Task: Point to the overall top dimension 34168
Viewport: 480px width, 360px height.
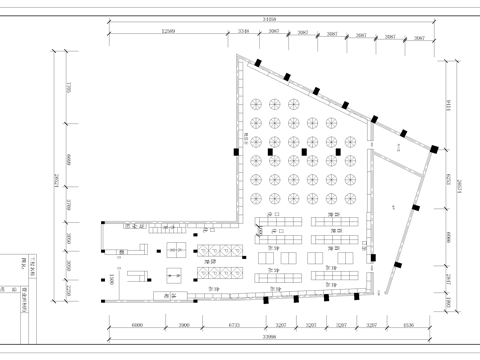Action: click(267, 19)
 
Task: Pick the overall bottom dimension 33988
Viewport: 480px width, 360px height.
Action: click(268, 339)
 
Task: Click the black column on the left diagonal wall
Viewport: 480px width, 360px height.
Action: click(236, 152)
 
